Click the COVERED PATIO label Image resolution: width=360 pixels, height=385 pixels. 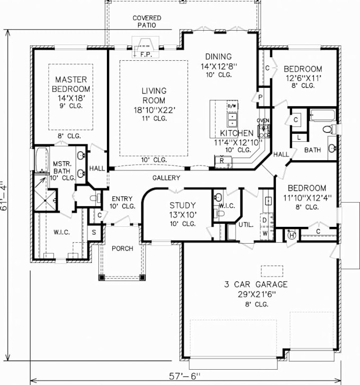(x=147, y=21)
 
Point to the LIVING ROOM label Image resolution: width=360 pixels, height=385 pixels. (x=153, y=96)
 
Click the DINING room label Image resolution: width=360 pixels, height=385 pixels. (x=219, y=57)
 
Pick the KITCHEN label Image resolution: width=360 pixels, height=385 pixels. (x=237, y=133)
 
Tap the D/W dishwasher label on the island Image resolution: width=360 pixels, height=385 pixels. (x=231, y=106)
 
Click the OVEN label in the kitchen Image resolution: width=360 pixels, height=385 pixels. (x=263, y=121)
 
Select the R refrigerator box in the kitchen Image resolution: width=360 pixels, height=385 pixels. (x=222, y=159)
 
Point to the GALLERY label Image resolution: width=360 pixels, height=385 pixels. (x=166, y=178)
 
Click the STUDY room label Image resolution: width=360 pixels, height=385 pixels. (x=183, y=205)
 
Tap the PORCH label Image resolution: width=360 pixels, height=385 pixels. (x=122, y=248)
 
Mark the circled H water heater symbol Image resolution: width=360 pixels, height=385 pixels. (x=291, y=236)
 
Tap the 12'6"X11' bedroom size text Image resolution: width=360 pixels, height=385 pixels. (x=303, y=78)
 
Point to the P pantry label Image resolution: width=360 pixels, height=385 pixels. (x=260, y=97)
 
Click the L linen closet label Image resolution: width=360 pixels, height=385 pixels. (x=299, y=137)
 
